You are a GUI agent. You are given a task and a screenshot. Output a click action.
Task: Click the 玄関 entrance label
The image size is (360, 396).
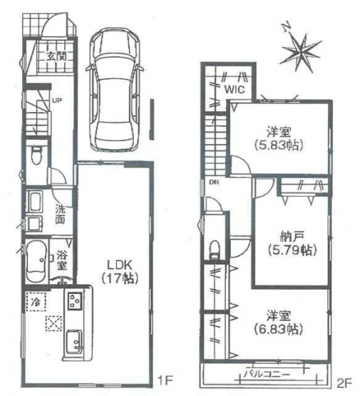[56, 56]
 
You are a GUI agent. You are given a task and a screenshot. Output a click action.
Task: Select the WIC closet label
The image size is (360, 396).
[235, 90]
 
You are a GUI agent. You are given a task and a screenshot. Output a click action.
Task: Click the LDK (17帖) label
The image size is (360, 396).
[120, 272]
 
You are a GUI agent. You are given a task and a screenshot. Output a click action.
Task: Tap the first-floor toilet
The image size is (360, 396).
[37, 156]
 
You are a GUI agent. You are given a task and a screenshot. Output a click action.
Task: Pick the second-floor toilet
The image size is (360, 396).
[215, 250]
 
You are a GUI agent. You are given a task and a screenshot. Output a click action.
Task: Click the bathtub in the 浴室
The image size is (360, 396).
[36, 261]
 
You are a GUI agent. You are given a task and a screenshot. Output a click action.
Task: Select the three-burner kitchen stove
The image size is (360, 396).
[75, 301]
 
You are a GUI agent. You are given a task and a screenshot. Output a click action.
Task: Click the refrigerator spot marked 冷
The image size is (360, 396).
[36, 302]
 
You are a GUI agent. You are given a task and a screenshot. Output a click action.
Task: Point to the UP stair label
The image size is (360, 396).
[57, 101]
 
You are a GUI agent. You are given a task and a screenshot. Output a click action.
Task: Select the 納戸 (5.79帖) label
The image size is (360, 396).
[292, 243]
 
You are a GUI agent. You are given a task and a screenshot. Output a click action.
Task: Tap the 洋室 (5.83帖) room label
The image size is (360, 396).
[279, 138]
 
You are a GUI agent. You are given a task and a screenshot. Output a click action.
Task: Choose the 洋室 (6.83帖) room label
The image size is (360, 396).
[279, 323]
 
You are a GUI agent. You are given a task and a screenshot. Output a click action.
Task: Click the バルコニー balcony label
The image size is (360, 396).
[267, 373]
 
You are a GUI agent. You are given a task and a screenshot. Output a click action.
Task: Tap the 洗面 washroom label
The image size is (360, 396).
[61, 214]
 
